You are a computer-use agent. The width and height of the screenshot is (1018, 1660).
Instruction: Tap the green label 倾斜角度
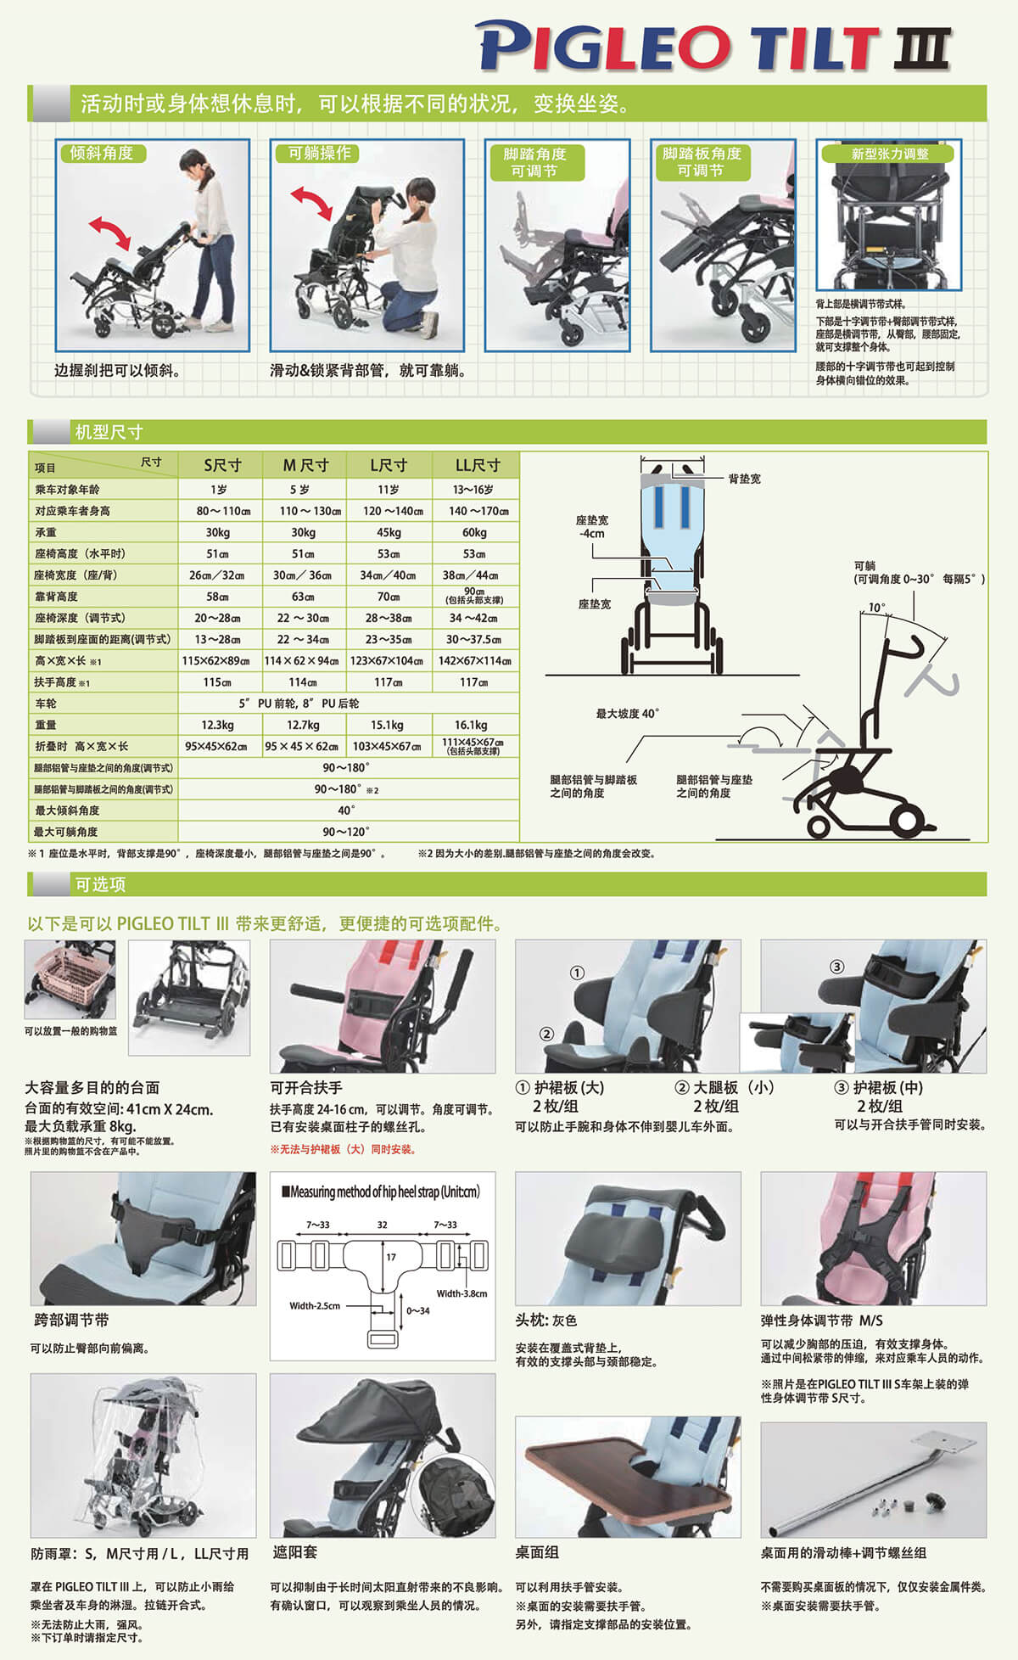click(102, 153)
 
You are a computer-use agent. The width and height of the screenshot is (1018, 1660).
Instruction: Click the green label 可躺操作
click(319, 153)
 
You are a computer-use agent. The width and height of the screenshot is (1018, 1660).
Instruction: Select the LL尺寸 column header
click(477, 465)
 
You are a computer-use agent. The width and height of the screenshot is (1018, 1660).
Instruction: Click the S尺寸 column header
click(221, 465)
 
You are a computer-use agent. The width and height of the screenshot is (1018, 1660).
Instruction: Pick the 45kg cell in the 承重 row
click(389, 532)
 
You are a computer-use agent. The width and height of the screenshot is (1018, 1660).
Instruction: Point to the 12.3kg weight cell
click(217, 725)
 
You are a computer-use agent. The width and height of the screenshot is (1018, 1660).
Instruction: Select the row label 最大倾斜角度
click(67, 810)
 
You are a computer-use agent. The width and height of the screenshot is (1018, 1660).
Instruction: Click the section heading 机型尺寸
click(109, 432)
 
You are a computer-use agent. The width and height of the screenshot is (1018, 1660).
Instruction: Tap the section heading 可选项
click(100, 884)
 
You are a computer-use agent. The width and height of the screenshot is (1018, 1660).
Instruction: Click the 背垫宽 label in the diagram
click(744, 479)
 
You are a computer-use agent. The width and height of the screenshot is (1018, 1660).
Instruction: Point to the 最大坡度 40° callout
click(627, 714)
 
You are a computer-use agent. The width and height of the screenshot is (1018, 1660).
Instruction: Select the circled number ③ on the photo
click(836, 967)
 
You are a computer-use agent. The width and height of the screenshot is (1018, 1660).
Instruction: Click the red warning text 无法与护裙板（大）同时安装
click(343, 1149)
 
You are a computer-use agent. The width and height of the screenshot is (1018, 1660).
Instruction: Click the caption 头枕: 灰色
click(545, 1321)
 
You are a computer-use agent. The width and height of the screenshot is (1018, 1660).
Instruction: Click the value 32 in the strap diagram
click(382, 1225)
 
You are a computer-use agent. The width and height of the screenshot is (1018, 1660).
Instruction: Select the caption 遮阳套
click(294, 1551)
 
